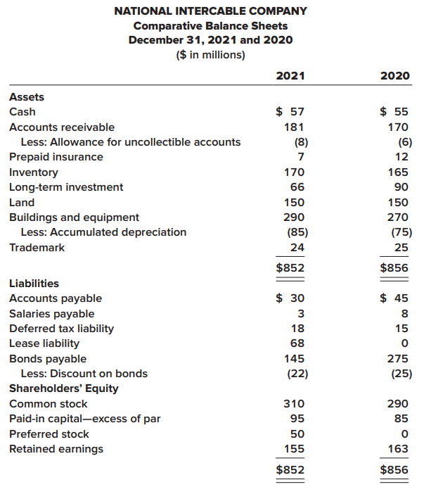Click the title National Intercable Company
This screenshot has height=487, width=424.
point(210,11)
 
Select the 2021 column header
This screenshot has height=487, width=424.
point(290,76)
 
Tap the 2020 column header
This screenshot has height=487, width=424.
point(394,76)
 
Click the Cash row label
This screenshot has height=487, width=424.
point(22,112)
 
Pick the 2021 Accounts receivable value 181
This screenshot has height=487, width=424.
point(294,127)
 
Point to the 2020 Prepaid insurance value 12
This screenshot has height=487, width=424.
point(401,157)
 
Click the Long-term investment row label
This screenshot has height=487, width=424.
point(65,187)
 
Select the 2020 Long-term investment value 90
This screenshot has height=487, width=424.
point(401,187)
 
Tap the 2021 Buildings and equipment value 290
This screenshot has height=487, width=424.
point(294,217)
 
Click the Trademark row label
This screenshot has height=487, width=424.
point(37,248)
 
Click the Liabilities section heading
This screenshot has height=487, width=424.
point(34,284)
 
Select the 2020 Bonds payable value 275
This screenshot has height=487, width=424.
point(398,359)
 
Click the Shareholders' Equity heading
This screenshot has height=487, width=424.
point(63,388)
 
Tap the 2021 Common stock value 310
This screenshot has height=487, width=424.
point(294,404)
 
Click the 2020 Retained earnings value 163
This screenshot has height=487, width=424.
point(398,449)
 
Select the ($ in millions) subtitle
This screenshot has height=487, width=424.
point(210,53)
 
